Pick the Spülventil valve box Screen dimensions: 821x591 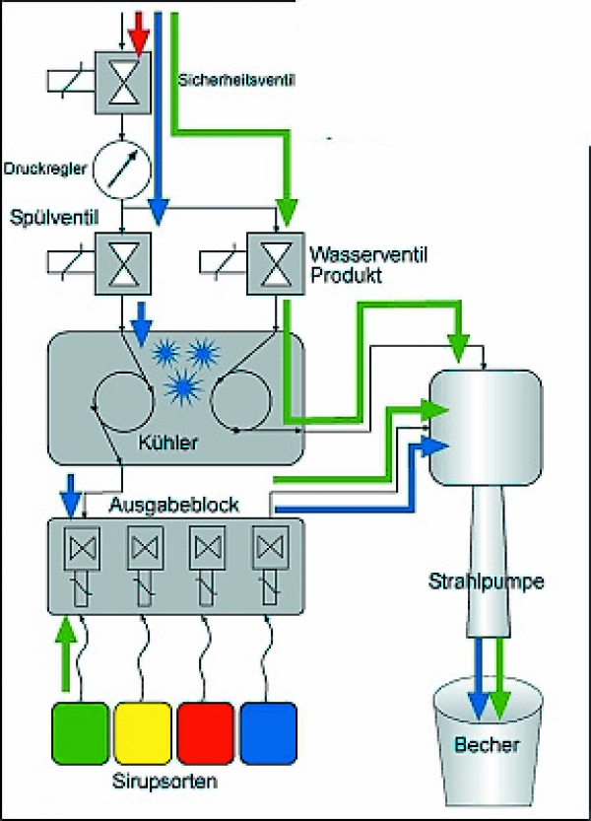tap(122, 261)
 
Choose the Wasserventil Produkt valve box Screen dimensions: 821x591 tap(277, 261)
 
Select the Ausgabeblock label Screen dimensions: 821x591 tap(174, 505)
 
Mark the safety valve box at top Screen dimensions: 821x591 tap(122, 76)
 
